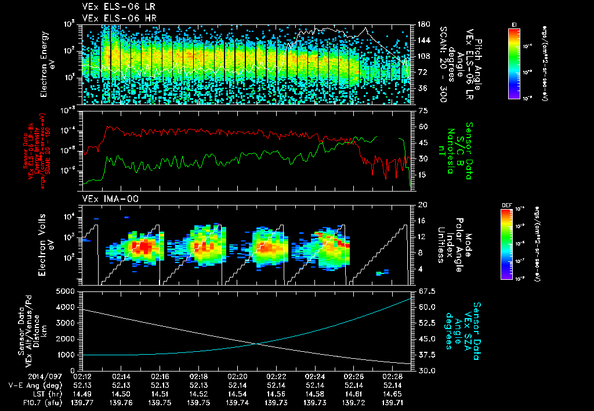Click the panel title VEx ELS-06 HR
[114, 18]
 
